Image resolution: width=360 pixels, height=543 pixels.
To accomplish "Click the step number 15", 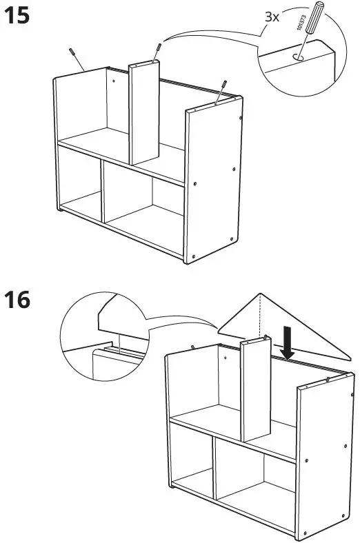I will click(18, 17).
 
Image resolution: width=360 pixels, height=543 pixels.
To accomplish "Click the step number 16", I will click(18, 300).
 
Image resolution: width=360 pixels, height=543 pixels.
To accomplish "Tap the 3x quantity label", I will click(272, 17).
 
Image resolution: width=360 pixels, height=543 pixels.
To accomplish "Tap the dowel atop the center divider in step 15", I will click(159, 52).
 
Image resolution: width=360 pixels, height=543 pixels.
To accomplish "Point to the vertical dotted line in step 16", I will click(261, 317).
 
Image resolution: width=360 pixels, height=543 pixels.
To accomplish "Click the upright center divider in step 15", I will click(145, 114).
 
